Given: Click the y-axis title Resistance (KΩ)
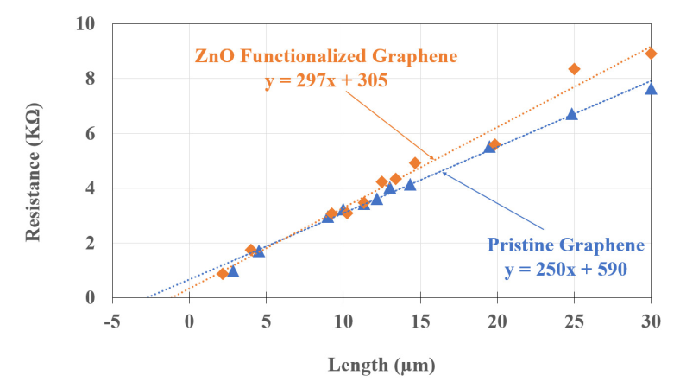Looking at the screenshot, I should [x=35, y=162].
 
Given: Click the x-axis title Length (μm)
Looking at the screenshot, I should [x=381, y=365].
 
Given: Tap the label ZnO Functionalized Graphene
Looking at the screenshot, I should [x=325, y=57].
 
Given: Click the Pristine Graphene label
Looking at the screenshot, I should [x=565, y=245].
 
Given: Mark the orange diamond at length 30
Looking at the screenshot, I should [x=652, y=54].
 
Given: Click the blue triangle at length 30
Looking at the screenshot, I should [x=652, y=88].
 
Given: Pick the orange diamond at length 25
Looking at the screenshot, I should [x=574, y=69].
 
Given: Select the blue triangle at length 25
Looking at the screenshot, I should [x=571, y=114].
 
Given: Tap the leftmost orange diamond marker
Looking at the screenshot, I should [x=223, y=274].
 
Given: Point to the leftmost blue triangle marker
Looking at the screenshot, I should [x=233, y=271].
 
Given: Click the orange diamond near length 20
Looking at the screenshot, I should [x=494, y=144].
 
